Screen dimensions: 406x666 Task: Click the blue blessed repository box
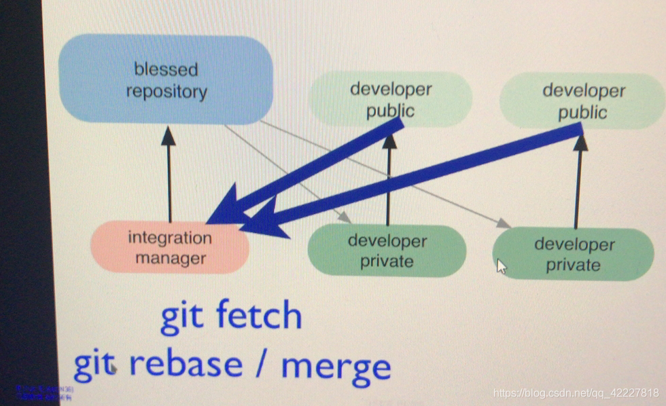[166, 79]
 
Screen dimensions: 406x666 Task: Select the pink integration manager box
[170, 248]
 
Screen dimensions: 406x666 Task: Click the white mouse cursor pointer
[502, 265]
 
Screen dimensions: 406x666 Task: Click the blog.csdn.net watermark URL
[576, 393]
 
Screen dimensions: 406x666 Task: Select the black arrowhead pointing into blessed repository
[169, 136]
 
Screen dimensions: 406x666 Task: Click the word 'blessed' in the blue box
[166, 69]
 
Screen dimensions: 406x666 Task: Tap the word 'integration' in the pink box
[170, 238]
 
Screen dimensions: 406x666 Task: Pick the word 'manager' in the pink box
[170, 258]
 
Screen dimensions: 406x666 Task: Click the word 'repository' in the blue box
[166, 91]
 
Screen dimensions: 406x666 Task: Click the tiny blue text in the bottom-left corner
[44, 392]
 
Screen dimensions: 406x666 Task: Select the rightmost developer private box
[572, 254]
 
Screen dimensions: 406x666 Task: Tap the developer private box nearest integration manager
[387, 251]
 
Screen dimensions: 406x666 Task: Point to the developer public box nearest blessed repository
[390, 99]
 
